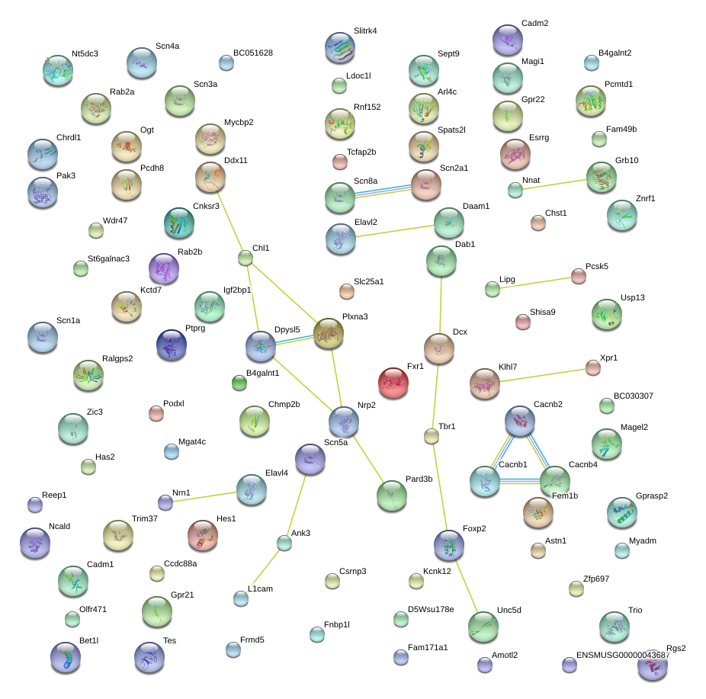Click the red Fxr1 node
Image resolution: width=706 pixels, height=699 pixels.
(393, 383)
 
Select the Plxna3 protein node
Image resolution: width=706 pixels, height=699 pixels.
(329, 333)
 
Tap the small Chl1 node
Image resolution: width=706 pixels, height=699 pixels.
(245, 258)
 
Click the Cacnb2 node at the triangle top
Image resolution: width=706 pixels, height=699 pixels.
(520, 421)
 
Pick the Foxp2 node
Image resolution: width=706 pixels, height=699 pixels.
(449, 545)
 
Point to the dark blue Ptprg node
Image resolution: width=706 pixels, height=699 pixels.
(172, 345)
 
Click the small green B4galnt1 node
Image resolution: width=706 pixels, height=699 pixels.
(239, 383)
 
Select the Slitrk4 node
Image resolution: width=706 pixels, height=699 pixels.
(340, 47)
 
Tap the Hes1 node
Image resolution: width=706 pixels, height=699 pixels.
(203, 535)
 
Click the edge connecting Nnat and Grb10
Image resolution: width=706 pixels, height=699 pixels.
(555, 184)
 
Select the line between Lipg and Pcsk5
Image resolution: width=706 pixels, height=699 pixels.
(535, 283)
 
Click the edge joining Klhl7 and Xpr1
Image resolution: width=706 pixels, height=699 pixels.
(543, 375)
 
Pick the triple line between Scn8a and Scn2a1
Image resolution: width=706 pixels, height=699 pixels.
(383, 191)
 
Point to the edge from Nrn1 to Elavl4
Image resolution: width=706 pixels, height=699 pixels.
(204, 496)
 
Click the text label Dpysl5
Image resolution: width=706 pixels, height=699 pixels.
(287, 329)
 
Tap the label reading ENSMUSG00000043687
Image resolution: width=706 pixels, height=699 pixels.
(623, 655)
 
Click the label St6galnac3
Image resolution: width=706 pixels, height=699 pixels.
(108, 259)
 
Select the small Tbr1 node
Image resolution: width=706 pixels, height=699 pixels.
(432, 436)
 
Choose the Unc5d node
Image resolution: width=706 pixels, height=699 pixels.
(483, 627)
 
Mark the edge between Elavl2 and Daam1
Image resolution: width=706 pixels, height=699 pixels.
(395, 231)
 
